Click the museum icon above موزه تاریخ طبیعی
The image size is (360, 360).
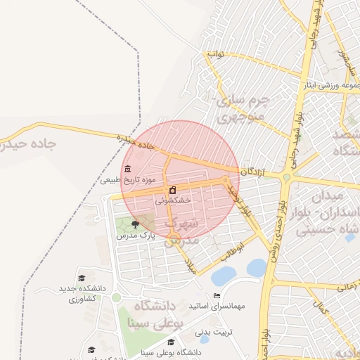[127, 169]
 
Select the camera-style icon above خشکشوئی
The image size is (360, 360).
[172, 191]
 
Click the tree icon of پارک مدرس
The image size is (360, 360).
[135, 224]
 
